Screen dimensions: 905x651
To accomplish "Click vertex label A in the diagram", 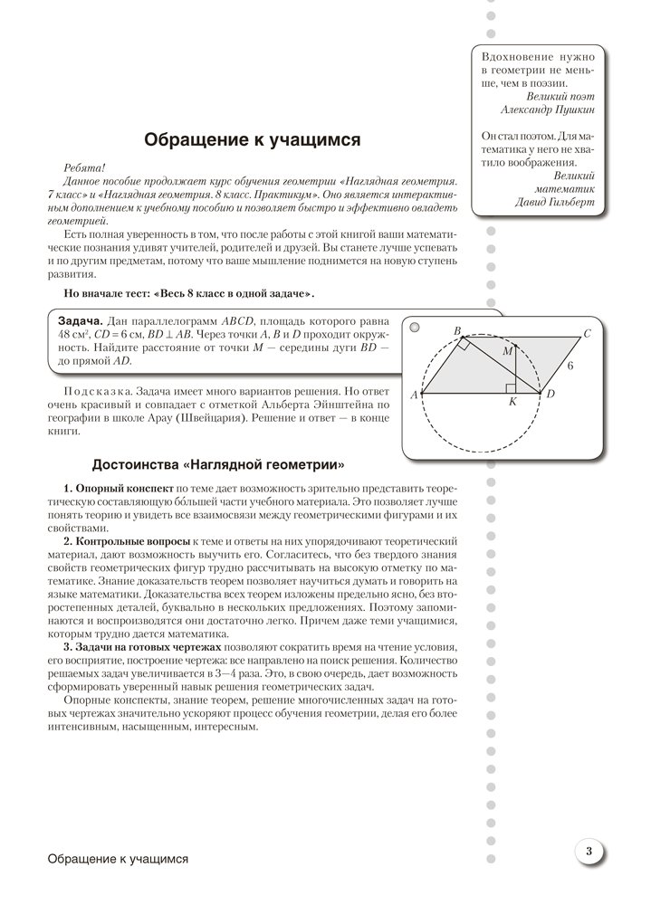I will click(x=414, y=395).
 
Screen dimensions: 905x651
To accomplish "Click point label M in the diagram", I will click(x=507, y=349).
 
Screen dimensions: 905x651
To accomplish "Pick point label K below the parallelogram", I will click(x=512, y=403).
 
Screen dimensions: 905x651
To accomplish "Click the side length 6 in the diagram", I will click(x=570, y=368).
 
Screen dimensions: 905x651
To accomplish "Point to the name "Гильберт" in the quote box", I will click(x=567, y=203).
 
